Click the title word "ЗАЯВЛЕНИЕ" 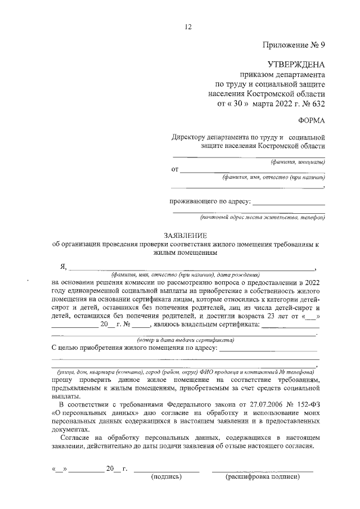click(x=185, y=235)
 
